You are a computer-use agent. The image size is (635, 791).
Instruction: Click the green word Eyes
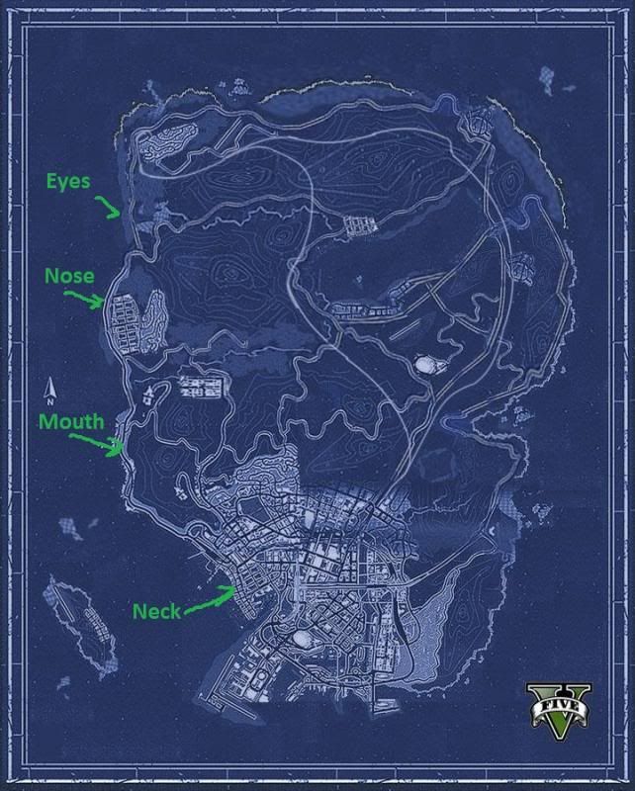coord(68,181)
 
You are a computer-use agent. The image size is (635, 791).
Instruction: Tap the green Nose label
coord(68,277)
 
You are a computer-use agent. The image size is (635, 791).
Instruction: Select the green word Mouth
coord(71,421)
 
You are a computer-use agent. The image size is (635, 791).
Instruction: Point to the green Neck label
coord(156,611)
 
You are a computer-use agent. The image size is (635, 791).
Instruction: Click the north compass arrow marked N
coord(47,390)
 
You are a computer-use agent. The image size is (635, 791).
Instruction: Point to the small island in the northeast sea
coord(546,76)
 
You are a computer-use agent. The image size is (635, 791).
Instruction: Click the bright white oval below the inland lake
coord(427,365)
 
